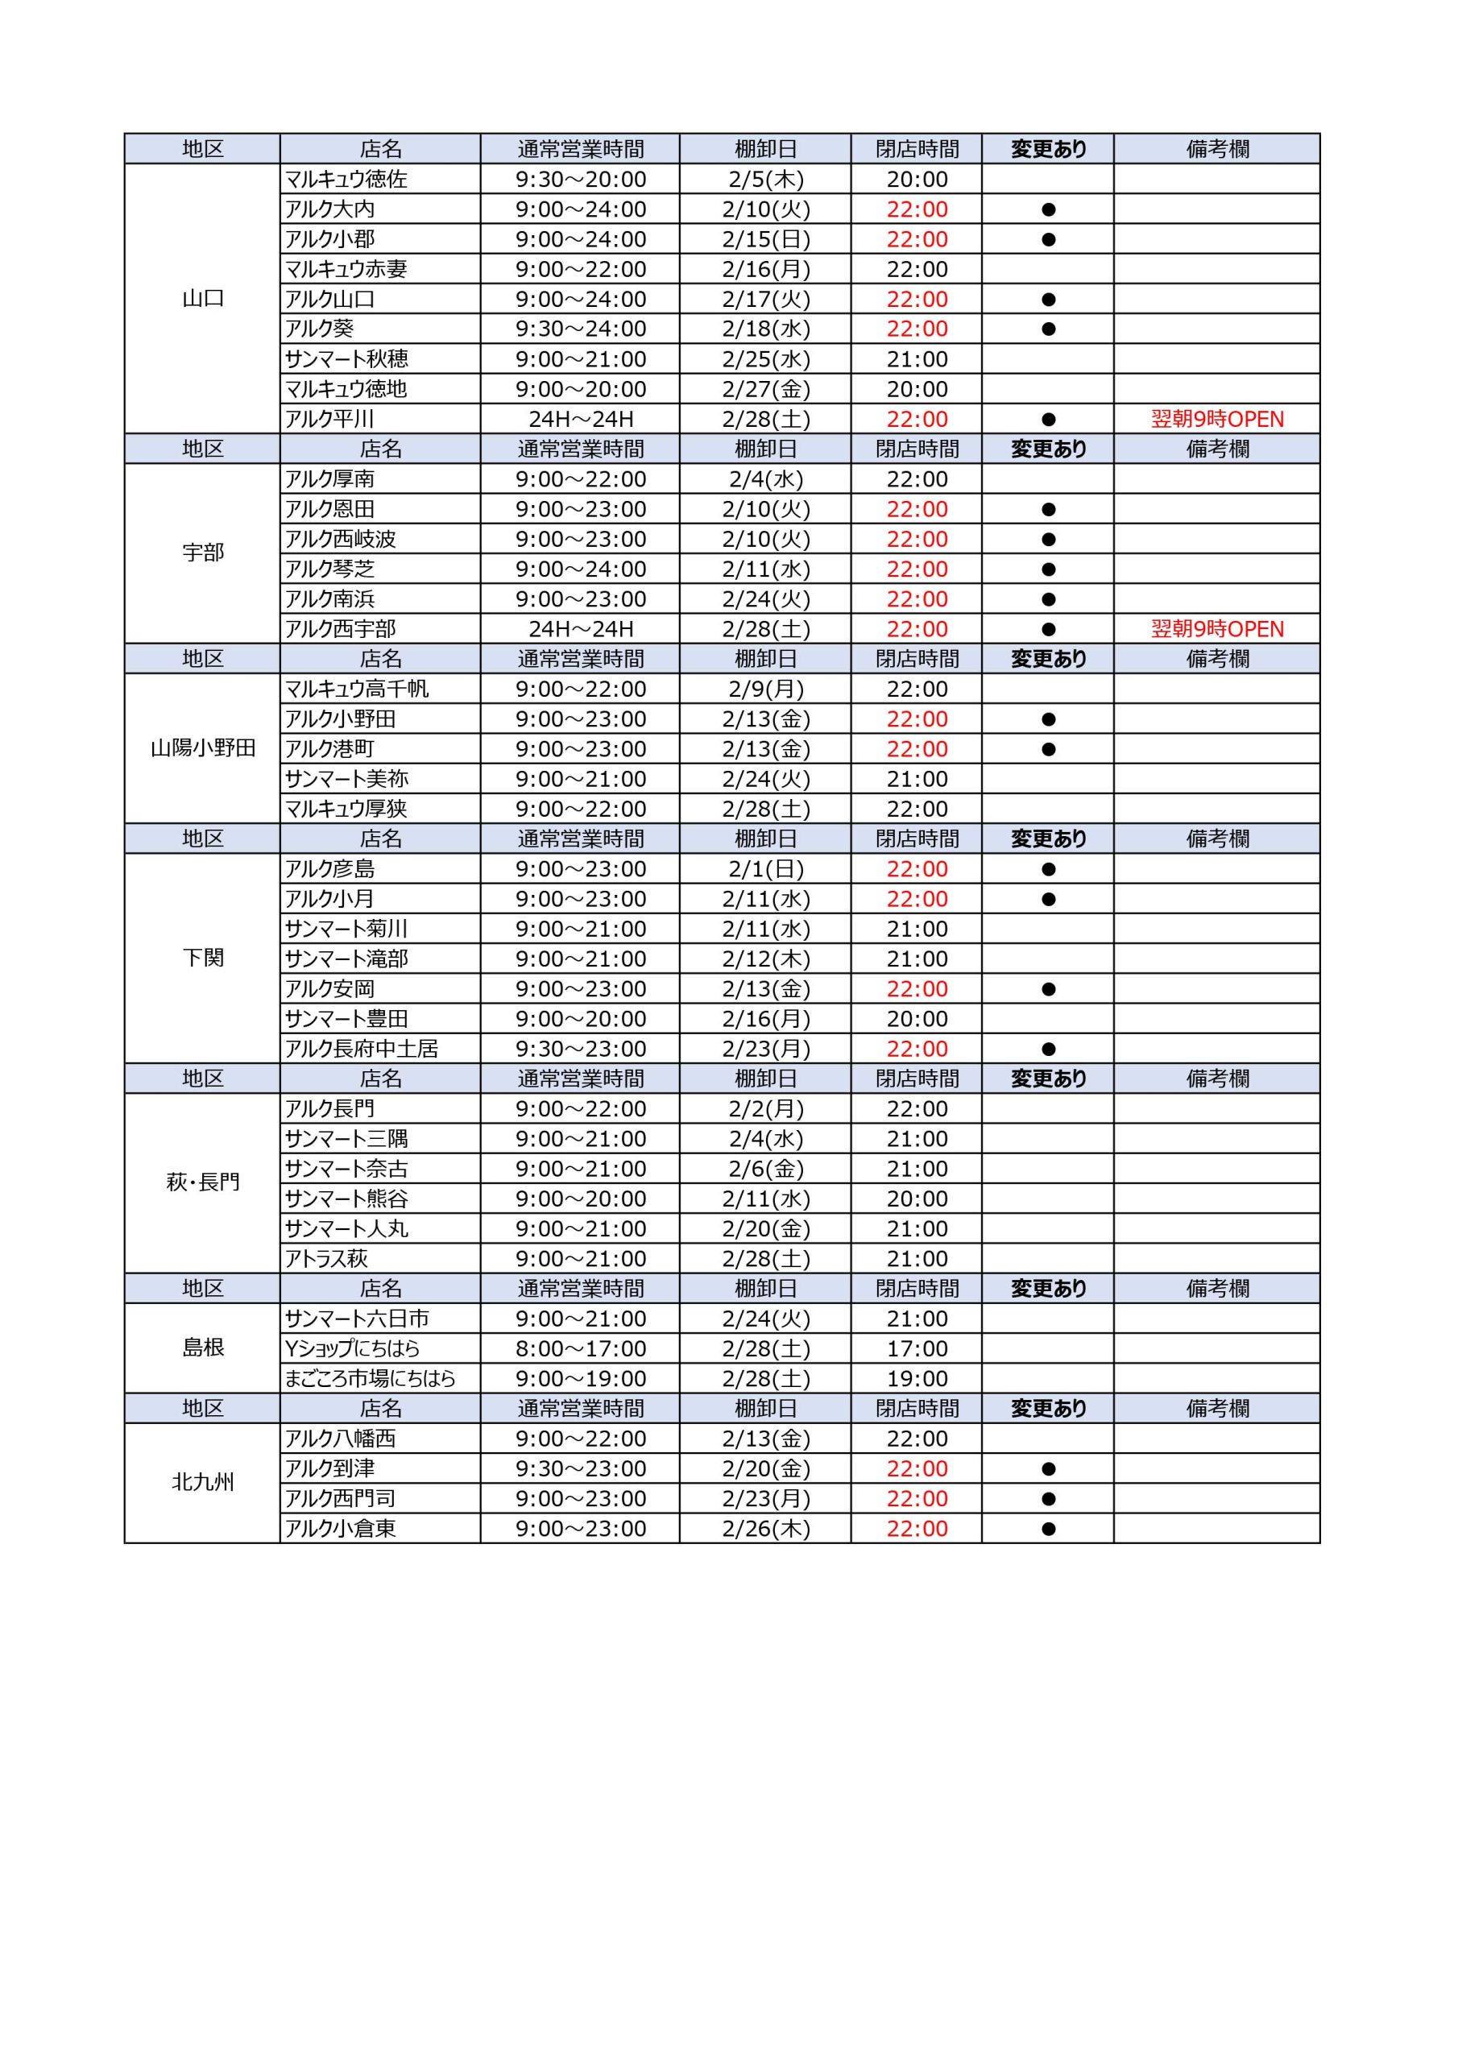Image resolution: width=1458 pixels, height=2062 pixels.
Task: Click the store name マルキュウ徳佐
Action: pos(346,179)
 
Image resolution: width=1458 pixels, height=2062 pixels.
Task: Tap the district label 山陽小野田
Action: pos(203,748)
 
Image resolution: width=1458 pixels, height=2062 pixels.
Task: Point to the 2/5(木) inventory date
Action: pos(765,179)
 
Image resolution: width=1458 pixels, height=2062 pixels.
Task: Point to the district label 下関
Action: pos(203,959)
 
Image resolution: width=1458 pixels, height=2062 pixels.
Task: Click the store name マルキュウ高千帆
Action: pos(357,689)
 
